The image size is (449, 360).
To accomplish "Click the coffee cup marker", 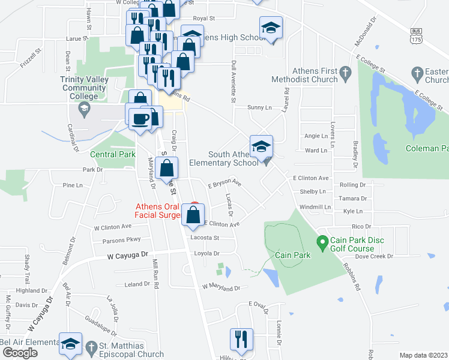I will pyautogui.click(x=140, y=118).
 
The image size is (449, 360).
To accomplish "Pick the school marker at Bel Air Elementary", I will pyautogui.click(x=71, y=343).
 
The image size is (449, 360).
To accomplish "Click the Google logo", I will pyautogui.click(x=19, y=353).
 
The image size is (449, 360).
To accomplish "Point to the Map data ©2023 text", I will pyautogui.click(x=423, y=355).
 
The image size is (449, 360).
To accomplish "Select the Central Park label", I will pyautogui.click(x=113, y=154).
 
